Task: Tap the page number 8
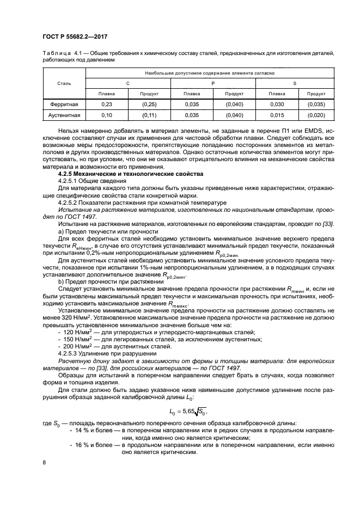[44, 463]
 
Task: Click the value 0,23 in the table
[106, 104]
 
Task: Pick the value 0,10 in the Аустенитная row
[106, 115]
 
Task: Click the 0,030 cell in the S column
[277, 104]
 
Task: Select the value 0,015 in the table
[277, 115]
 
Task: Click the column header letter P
[213, 83]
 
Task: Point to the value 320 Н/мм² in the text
[67, 334]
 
